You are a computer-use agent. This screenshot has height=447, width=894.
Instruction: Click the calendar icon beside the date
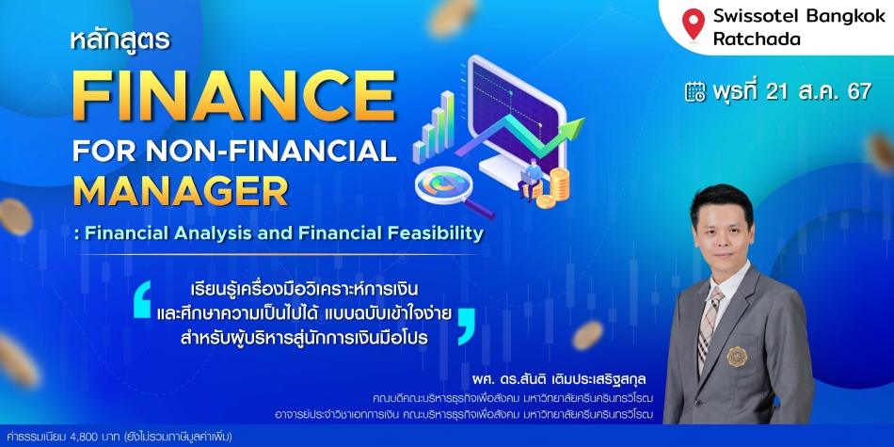tap(694, 92)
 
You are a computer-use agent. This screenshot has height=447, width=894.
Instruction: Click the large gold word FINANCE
tap(233, 95)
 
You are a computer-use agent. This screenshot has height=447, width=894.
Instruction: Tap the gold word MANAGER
tap(181, 192)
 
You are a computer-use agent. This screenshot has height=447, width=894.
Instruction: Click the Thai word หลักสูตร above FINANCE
tap(120, 41)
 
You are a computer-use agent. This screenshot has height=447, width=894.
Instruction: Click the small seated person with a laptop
tap(532, 178)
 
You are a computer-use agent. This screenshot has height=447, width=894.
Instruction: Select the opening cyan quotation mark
tap(142, 299)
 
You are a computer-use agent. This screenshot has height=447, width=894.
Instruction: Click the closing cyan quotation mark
tap(467, 327)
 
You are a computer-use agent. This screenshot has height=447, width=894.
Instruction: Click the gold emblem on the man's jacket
tap(737, 357)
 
